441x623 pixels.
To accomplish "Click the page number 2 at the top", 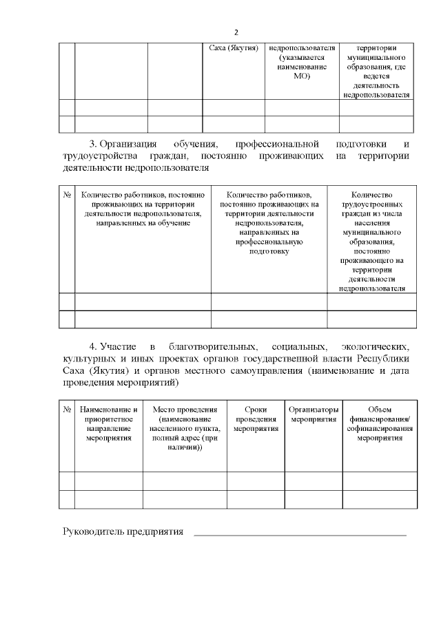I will pos(236,32).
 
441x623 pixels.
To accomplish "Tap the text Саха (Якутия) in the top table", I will pos(234,49).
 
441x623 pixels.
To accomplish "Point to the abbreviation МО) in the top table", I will pos(302,76).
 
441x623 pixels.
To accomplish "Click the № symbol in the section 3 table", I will pos(68,195).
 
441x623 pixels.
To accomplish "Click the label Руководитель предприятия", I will pos(123,531).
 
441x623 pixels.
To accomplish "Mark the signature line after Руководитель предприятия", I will pos(299,535).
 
